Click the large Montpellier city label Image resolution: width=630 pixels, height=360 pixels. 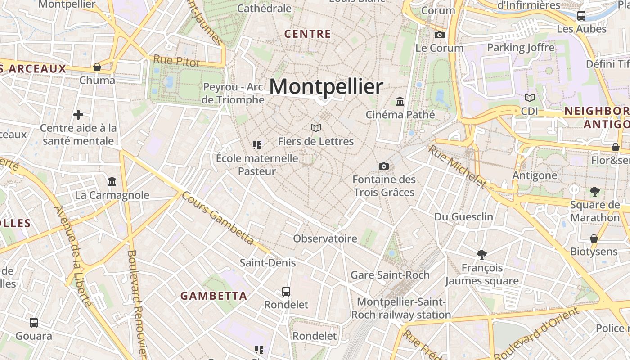pos(326,86)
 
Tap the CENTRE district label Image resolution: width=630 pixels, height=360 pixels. pos(308,34)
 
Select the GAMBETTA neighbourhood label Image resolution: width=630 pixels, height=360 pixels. pos(214,296)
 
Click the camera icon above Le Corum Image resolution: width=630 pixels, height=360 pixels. pos(440,35)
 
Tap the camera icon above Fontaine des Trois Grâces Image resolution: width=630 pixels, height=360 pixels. pos(384,166)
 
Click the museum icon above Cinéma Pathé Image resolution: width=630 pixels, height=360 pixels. pos(400,101)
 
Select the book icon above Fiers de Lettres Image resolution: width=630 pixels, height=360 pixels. pos(316,128)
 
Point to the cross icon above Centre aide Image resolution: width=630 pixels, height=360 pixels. pos(78,115)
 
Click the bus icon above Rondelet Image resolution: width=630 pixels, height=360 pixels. pos(286,292)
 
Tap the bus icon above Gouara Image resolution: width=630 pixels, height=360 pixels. pos(34,323)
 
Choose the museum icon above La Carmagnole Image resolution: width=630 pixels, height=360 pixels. pos(112,182)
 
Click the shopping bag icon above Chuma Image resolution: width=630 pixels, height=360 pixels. pos(97,67)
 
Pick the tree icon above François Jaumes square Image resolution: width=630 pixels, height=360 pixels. pos(482,255)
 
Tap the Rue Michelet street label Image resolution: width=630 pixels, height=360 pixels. pos(457,166)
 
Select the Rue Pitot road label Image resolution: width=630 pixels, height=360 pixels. pos(176,61)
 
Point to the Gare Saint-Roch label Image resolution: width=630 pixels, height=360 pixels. pos(390,275)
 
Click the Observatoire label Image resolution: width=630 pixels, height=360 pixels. pos(325,238)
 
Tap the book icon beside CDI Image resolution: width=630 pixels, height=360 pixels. pos(530,98)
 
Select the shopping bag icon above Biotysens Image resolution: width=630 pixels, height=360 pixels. pos(594,238)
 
